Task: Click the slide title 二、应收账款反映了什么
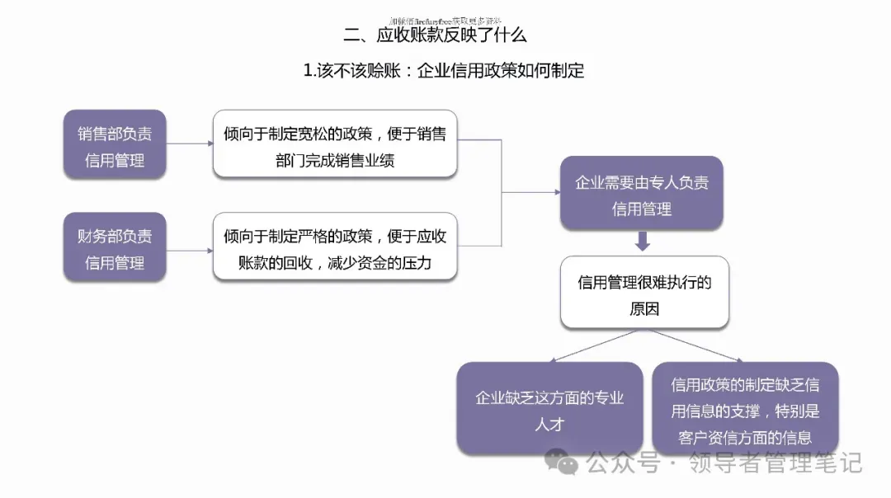pos(435,35)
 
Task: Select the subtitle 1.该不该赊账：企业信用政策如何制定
pos(444,71)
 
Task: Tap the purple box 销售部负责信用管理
pos(115,145)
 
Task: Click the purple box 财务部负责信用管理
pos(115,248)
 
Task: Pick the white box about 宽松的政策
pos(335,145)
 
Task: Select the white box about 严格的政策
pos(335,248)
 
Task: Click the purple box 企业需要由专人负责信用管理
pos(642,194)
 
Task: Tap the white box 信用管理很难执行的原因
pos(644,294)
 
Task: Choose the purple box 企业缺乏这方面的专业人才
pos(549,410)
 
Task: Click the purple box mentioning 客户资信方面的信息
pos(745,410)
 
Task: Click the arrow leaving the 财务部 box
pos(189,249)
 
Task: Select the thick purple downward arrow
pos(643,242)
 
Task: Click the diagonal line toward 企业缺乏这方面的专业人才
pos(594,345)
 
